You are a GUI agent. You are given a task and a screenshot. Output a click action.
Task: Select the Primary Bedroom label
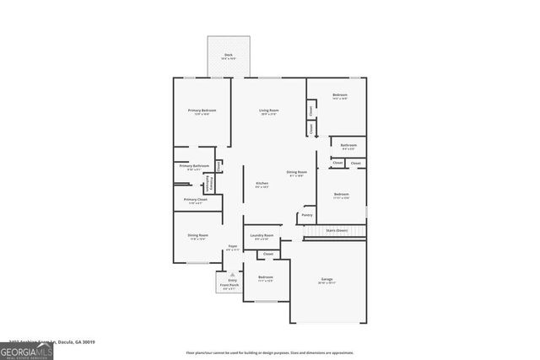pyautogui.click(x=202, y=111)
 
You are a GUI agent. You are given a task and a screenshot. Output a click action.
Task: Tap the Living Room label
pyautogui.click(x=268, y=111)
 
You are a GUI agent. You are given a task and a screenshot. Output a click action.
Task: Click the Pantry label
pyautogui.click(x=306, y=215)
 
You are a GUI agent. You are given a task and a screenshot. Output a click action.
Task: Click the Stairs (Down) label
pyautogui.click(x=337, y=229)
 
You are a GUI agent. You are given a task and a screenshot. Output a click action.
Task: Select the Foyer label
pyautogui.click(x=233, y=246)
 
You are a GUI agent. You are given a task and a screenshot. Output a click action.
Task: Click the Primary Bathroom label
pyautogui.click(x=194, y=166)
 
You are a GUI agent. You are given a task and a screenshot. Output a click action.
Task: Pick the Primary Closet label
pyautogui.click(x=195, y=200)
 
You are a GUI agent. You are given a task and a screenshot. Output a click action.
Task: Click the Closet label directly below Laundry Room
pyautogui.click(x=268, y=253)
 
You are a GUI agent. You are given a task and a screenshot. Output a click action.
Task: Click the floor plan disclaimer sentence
pyautogui.click(x=269, y=352)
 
